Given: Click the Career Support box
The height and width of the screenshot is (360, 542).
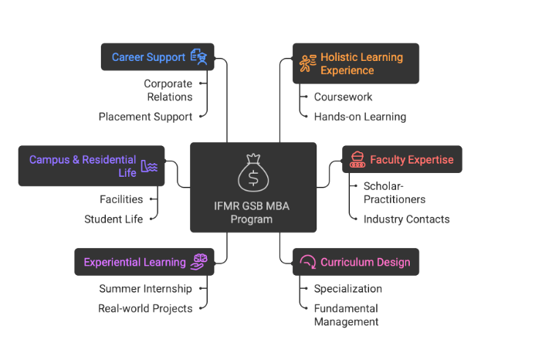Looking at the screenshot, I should pos(158,57).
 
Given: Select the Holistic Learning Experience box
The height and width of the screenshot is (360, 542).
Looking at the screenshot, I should pos(355,63).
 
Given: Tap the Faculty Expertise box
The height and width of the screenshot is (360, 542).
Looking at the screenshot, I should pos(401,160).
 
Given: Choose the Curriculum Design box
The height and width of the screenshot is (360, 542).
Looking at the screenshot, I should pos(355,262).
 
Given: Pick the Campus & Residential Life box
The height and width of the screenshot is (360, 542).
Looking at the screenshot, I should pos(91,166).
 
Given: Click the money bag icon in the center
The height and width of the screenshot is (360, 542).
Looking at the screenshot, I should pos(253,173).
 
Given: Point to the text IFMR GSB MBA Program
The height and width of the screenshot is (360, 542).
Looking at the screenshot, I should pos(253,212).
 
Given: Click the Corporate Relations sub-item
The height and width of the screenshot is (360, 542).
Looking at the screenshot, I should pos(168,90).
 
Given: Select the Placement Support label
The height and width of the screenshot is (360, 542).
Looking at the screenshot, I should pos(145,117).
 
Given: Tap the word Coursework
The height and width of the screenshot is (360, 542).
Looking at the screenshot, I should pos(343,97).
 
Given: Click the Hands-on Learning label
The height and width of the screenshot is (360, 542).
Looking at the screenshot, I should pos(360,117).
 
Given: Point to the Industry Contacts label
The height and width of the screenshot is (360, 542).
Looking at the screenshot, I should pos(406,219).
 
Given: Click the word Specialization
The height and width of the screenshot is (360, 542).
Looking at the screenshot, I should pos(347,288).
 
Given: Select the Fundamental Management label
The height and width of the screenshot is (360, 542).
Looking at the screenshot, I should pos(346,314).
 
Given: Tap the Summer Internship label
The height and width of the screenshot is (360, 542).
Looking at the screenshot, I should pos(145,288).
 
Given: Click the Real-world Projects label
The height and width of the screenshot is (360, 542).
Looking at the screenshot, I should pos(144,307).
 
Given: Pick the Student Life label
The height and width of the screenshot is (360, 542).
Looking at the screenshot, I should pos(113,219).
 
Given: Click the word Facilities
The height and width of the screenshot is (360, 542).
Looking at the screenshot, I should pos(121,199).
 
